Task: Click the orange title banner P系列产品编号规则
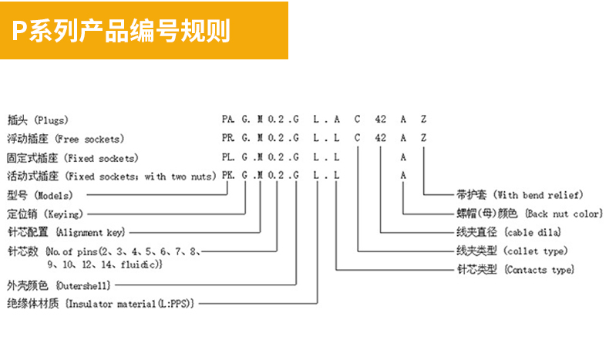click(143, 31)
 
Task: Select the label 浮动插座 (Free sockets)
click(66, 139)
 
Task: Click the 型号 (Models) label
click(38, 196)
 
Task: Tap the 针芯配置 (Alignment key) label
click(66, 233)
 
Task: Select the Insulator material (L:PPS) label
click(99, 304)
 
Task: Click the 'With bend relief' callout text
click(520, 195)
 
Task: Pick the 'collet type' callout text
click(512, 251)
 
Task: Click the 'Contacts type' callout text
click(516, 270)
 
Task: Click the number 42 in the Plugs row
click(381, 120)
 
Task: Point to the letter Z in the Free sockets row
click(424, 139)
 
